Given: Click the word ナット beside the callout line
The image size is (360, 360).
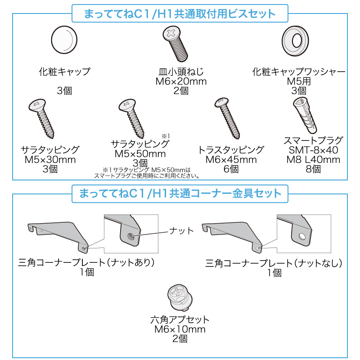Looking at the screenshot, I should coord(181,231).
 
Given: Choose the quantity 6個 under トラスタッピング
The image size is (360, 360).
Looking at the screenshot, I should coord(231,169).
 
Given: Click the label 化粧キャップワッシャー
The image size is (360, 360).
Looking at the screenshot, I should coord(298,71).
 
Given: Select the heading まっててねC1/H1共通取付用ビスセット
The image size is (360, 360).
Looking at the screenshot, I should coord(180,13).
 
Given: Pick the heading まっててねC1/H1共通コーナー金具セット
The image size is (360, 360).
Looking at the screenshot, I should coord(180,194).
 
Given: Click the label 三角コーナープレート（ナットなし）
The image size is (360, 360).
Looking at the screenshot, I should coord(274,263).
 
